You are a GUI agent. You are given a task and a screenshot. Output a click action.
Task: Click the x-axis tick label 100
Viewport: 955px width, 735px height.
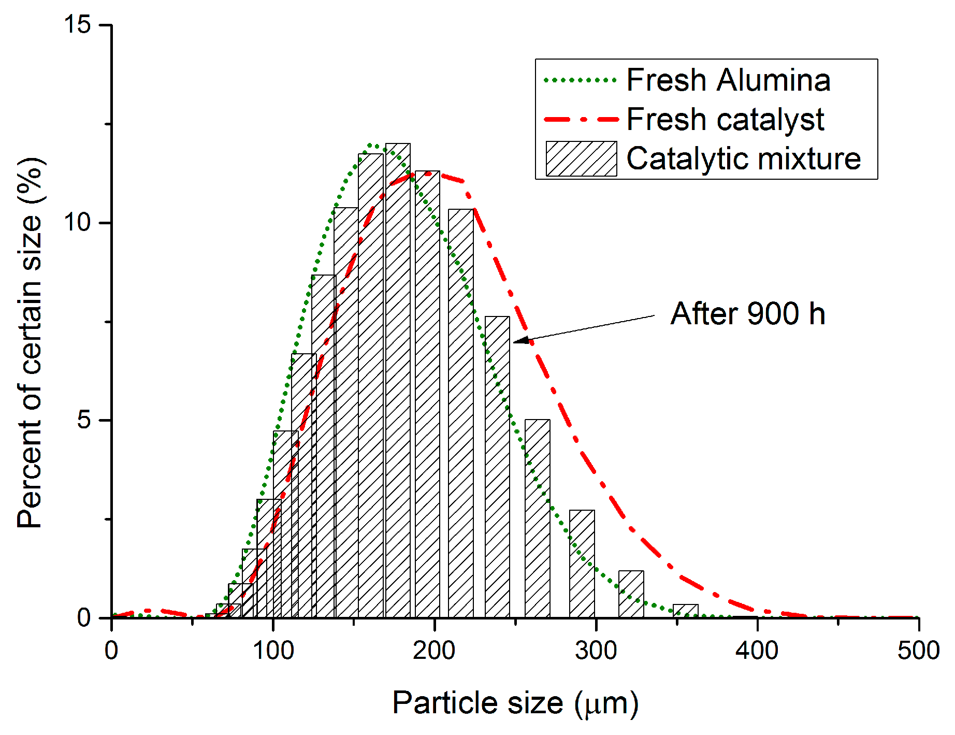[273, 651]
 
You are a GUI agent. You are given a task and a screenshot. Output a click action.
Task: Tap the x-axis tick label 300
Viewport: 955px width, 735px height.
[596, 651]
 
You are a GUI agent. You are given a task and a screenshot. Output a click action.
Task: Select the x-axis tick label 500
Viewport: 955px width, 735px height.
[918, 651]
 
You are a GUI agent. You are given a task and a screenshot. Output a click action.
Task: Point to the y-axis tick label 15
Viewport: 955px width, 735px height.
[78, 24]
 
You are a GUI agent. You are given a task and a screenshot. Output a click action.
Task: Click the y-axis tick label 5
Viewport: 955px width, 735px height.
[84, 420]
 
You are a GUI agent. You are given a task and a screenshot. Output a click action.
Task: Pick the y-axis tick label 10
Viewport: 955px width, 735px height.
[78, 223]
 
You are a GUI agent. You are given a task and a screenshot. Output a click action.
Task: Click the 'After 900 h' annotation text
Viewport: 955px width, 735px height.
[747, 314]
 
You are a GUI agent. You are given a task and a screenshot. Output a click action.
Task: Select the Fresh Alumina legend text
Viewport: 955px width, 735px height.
[728, 80]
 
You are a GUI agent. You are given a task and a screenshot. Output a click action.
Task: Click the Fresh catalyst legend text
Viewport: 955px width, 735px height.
[725, 120]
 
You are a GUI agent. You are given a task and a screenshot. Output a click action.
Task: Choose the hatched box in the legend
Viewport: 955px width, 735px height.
[581, 158]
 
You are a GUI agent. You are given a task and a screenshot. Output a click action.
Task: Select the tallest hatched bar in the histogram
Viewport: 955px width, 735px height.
[398, 381]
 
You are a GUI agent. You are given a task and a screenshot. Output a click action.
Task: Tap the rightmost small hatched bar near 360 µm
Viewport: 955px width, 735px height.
[685, 611]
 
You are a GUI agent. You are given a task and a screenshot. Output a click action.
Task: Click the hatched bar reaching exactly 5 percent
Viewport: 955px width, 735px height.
[537, 518]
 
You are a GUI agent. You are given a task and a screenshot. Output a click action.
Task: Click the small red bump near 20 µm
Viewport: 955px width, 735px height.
[148, 611]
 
